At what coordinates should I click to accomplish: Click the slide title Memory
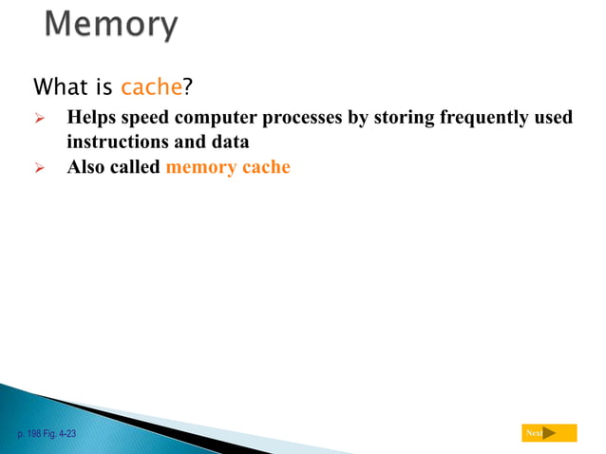pos(111,26)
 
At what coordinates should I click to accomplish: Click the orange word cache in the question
pos(151,87)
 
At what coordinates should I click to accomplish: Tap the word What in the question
pos(61,87)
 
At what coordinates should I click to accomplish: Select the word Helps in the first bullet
pos(91,118)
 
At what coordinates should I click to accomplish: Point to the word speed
pos(145,118)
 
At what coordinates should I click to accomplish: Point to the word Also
pos(86,168)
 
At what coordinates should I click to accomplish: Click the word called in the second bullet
pos(136,168)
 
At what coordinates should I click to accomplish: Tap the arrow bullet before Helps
pos(40,119)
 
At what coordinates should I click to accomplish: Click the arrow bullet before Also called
pos(40,168)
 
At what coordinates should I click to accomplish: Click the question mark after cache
pos(187,87)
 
